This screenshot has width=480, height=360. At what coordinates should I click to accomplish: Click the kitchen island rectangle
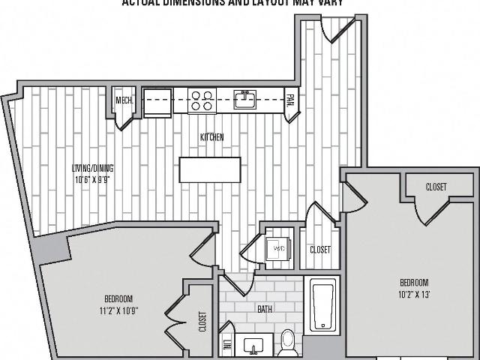point(210,169)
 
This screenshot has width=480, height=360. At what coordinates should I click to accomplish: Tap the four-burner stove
point(201,100)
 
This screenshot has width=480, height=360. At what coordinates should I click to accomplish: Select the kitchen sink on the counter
point(245,99)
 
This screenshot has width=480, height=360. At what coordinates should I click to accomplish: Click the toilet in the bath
point(286,344)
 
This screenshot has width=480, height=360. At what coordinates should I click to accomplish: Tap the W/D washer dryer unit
point(278,247)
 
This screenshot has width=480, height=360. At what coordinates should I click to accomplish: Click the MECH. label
point(124,100)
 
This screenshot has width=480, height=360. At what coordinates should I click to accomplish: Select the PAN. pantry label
point(290,100)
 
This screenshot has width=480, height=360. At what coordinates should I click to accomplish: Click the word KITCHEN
point(211,137)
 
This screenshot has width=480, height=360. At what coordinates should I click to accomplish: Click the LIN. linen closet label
point(226,346)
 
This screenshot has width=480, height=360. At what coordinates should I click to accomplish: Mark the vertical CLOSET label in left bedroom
point(202,321)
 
